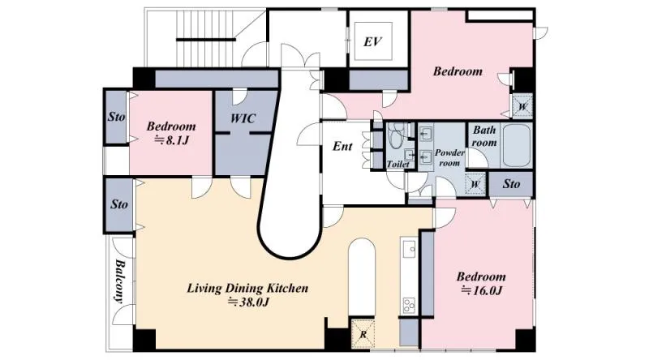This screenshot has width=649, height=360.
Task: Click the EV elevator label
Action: click(372, 42)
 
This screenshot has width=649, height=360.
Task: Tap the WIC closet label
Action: click(243, 118)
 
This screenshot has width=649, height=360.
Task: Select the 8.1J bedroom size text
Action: click(171, 141)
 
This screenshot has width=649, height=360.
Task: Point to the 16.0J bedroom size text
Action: click(481, 290)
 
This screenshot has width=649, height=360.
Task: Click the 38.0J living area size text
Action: click(249, 302)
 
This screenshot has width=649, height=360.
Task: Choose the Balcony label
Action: click(119, 281)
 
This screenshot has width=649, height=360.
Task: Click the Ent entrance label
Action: click(342, 146)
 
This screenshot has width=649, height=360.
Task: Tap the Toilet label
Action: click(398, 165)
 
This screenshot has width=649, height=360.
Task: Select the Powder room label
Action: click(449, 157)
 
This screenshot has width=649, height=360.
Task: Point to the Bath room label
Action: click(484, 136)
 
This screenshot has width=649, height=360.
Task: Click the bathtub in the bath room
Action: click(516, 145)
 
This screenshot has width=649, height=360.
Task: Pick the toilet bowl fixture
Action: click(395, 135)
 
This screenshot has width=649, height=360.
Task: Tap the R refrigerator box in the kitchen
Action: click(363, 334)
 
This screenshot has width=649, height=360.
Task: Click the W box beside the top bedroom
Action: click(522, 106)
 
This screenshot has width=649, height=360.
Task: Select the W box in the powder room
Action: click(475, 184)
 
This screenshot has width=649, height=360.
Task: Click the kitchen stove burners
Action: click(409, 306)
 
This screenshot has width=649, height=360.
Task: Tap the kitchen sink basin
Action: click(409, 248)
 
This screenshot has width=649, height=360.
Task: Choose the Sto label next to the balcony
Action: click(119, 204)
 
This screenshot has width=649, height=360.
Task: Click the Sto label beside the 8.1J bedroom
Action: click(116, 117)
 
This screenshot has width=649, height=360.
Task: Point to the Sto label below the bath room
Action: click(512, 184)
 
